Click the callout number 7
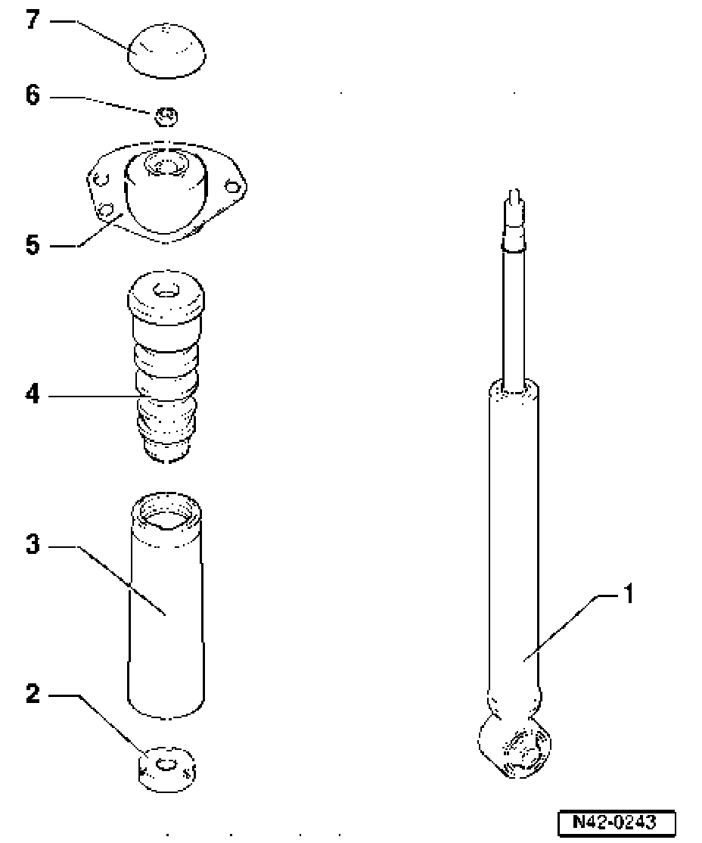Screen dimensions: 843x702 32,21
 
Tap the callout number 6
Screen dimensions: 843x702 32,97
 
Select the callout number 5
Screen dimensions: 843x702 32,246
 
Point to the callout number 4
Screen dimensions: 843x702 32,394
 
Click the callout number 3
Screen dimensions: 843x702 32,545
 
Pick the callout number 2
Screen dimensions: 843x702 32,693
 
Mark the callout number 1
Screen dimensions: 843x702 626,595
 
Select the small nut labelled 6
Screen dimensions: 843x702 166,117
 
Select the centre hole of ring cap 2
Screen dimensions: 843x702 166,764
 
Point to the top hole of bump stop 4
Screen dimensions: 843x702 166,290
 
